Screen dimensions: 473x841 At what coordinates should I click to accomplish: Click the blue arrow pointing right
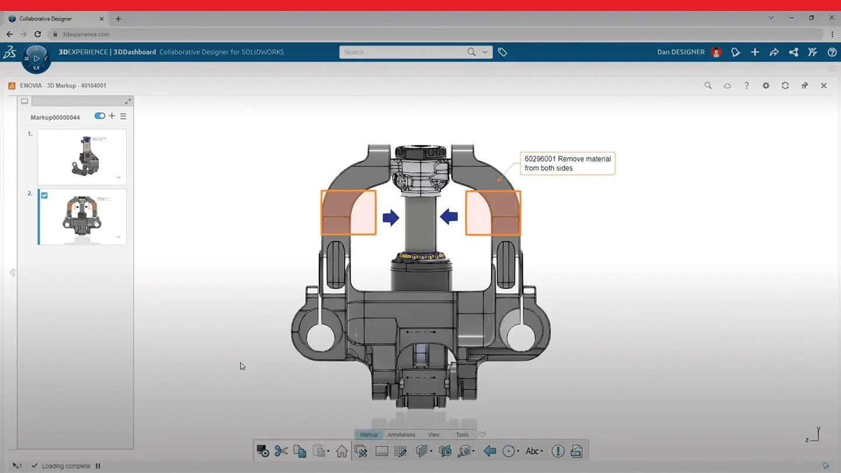coord(391,218)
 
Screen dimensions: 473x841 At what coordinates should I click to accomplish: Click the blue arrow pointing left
coord(449,217)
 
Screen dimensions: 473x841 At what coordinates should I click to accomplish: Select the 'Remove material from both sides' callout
coord(567,164)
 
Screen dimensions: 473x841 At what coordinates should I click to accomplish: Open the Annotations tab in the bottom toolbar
coord(401,434)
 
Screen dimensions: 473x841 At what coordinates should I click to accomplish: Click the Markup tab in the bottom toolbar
coord(369,434)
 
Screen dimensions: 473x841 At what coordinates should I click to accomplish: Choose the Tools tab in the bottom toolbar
coord(462,434)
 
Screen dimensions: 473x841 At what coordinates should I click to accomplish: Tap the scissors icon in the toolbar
coord(281,451)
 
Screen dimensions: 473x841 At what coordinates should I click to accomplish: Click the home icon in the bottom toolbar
coord(342,451)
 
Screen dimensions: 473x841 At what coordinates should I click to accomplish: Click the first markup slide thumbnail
coord(82,156)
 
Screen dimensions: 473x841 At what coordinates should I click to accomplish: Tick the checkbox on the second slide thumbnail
coord(44,196)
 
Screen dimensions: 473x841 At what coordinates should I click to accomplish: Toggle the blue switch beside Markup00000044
coord(100,116)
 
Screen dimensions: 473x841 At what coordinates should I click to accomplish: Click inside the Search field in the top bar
coord(403,52)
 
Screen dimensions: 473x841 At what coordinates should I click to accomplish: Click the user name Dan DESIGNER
coord(680,52)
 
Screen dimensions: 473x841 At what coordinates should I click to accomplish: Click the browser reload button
coord(38,34)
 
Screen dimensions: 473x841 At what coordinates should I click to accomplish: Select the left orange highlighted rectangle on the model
coord(348,213)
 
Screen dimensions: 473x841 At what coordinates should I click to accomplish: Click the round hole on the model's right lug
coord(521,336)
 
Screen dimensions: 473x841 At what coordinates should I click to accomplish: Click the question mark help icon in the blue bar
coord(832,52)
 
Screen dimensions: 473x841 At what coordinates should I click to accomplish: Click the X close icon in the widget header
coord(823,86)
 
